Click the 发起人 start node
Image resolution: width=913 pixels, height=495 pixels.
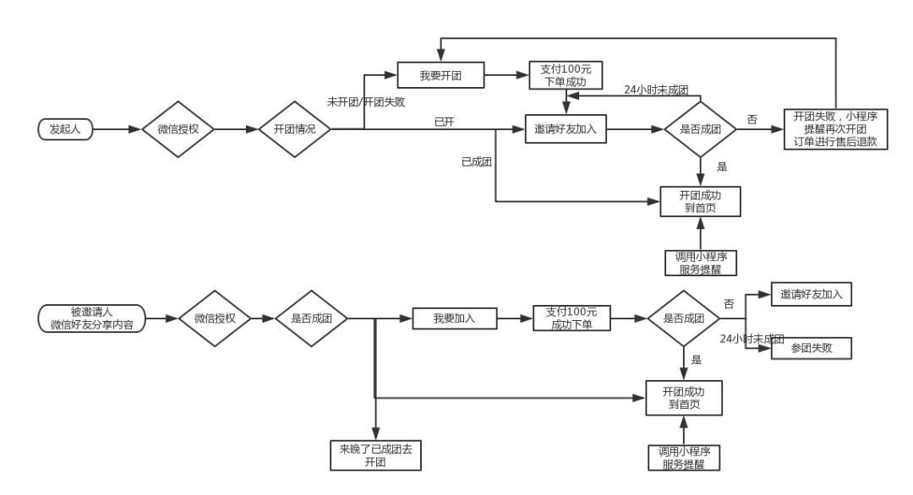pos(64,129)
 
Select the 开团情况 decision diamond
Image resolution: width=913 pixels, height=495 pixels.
pos(295,129)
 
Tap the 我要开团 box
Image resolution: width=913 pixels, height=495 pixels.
pos(440,75)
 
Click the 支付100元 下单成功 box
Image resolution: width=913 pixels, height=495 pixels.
pos(564,75)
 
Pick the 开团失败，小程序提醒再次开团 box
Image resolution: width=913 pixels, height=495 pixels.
pos(835,129)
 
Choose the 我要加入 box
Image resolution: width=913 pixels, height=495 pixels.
pos(454,318)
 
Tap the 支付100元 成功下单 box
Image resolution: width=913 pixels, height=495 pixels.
pos(571,318)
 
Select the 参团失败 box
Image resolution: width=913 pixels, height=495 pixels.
pos(811,348)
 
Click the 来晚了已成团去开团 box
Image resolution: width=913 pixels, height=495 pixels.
pos(375,455)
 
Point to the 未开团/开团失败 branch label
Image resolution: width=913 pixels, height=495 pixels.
pos(365,102)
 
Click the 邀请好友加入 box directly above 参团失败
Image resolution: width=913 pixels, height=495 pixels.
pos(811,295)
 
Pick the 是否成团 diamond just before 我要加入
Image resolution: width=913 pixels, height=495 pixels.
pos(312,318)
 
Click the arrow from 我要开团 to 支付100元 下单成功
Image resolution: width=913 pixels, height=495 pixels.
pos(506,75)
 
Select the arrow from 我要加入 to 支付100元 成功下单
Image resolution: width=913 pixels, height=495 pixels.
pos(515,318)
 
